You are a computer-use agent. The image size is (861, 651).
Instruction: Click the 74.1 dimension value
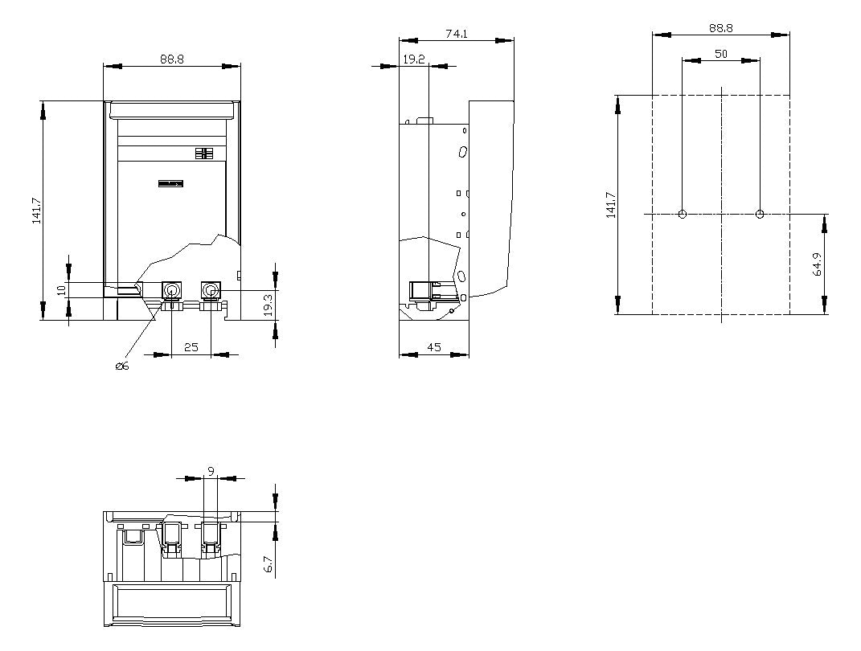(457, 34)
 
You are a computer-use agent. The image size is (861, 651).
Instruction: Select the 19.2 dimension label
(414, 59)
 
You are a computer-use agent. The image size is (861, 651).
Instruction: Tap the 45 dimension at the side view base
(434, 347)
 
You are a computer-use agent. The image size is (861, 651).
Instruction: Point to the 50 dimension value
(721, 54)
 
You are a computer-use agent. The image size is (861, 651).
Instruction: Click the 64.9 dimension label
(818, 264)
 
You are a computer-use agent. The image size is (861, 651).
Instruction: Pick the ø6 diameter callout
(122, 366)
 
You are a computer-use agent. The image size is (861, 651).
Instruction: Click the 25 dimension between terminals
(191, 347)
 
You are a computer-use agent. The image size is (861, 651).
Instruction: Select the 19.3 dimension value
(268, 305)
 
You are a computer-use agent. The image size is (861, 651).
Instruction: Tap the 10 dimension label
(61, 290)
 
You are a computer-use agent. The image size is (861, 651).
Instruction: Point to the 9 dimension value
(211, 471)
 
